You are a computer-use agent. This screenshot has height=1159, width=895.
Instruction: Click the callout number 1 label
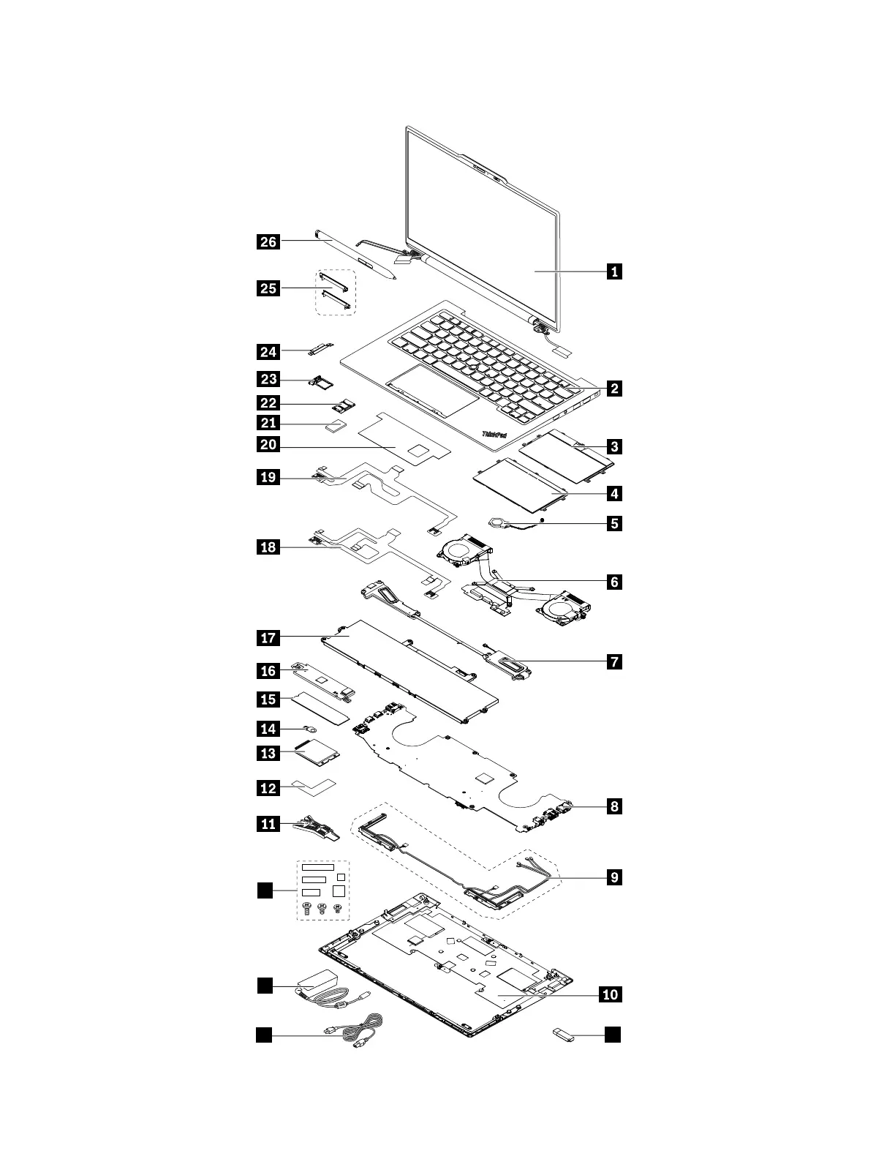pos(614,271)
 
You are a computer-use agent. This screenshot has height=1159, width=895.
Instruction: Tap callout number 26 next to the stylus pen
pos(268,241)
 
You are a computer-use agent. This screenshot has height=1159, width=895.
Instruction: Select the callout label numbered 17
pos(268,638)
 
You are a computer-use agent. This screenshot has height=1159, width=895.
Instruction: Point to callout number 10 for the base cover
pos(611,994)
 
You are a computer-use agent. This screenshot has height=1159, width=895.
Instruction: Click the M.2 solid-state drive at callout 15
pos(322,708)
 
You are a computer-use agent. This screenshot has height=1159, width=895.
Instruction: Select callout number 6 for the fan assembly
pos(614,582)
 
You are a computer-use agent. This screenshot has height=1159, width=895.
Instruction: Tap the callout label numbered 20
pos(268,444)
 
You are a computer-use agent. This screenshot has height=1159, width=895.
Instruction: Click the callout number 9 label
pos(614,877)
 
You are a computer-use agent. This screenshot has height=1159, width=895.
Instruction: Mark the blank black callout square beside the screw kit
pos(264,890)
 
